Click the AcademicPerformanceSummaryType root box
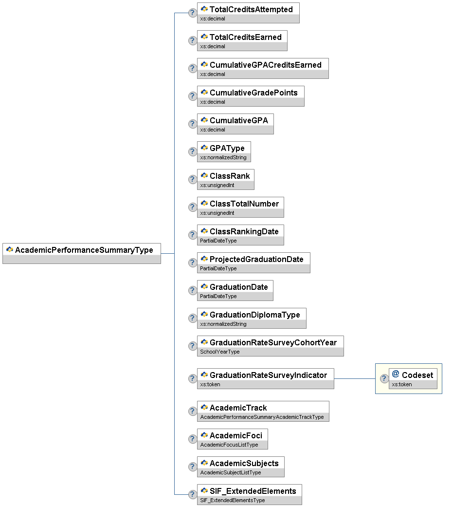pyautogui.click(x=81, y=250)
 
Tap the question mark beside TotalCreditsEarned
pyautogui.click(x=193, y=40)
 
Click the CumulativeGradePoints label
pyautogui.click(x=254, y=93)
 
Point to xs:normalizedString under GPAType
pyautogui.click(x=223, y=158)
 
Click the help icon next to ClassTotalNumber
pyautogui.click(x=193, y=207)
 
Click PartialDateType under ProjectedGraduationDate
pyautogui.click(x=218, y=268)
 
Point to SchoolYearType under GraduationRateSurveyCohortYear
pyautogui.click(x=220, y=352)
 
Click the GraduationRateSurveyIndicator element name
pyautogui.click(x=268, y=375)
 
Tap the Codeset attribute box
pyautogui.click(x=413, y=376)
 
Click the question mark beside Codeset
pyautogui.click(x=384, y=378)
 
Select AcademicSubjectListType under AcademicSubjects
pyautogui.click(x=231, y=472)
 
